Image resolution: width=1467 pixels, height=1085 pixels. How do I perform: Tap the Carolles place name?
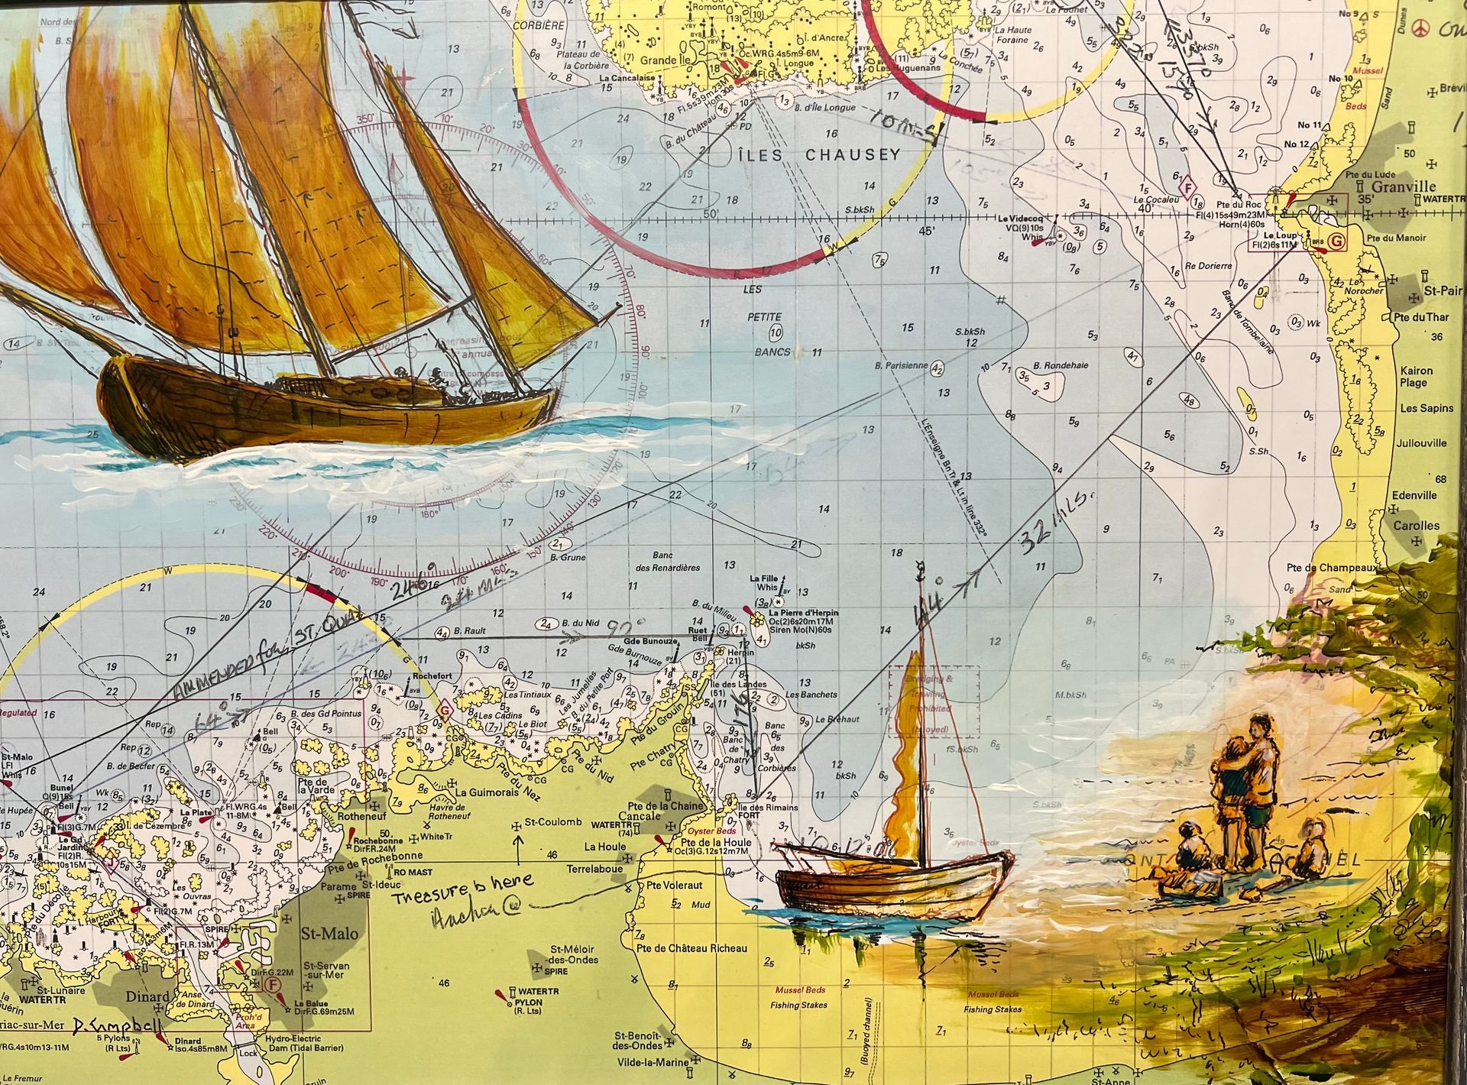[1416, 526]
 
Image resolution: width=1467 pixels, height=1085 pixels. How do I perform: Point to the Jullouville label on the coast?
[1420, 442]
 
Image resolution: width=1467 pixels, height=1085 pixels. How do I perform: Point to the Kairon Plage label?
[1416, 377]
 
